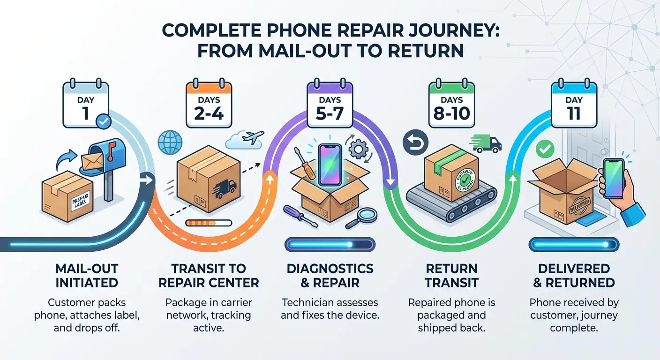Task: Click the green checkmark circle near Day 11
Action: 544,150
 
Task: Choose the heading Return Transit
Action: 451,276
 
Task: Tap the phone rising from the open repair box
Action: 330,165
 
